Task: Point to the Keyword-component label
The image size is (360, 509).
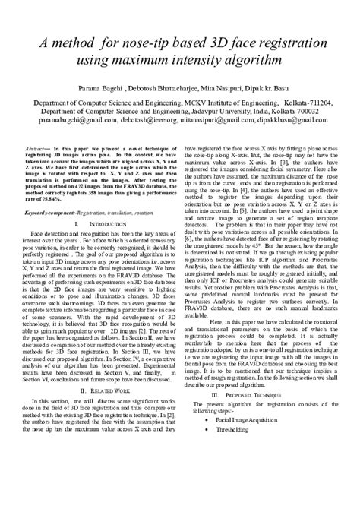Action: (x=51, y=214)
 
